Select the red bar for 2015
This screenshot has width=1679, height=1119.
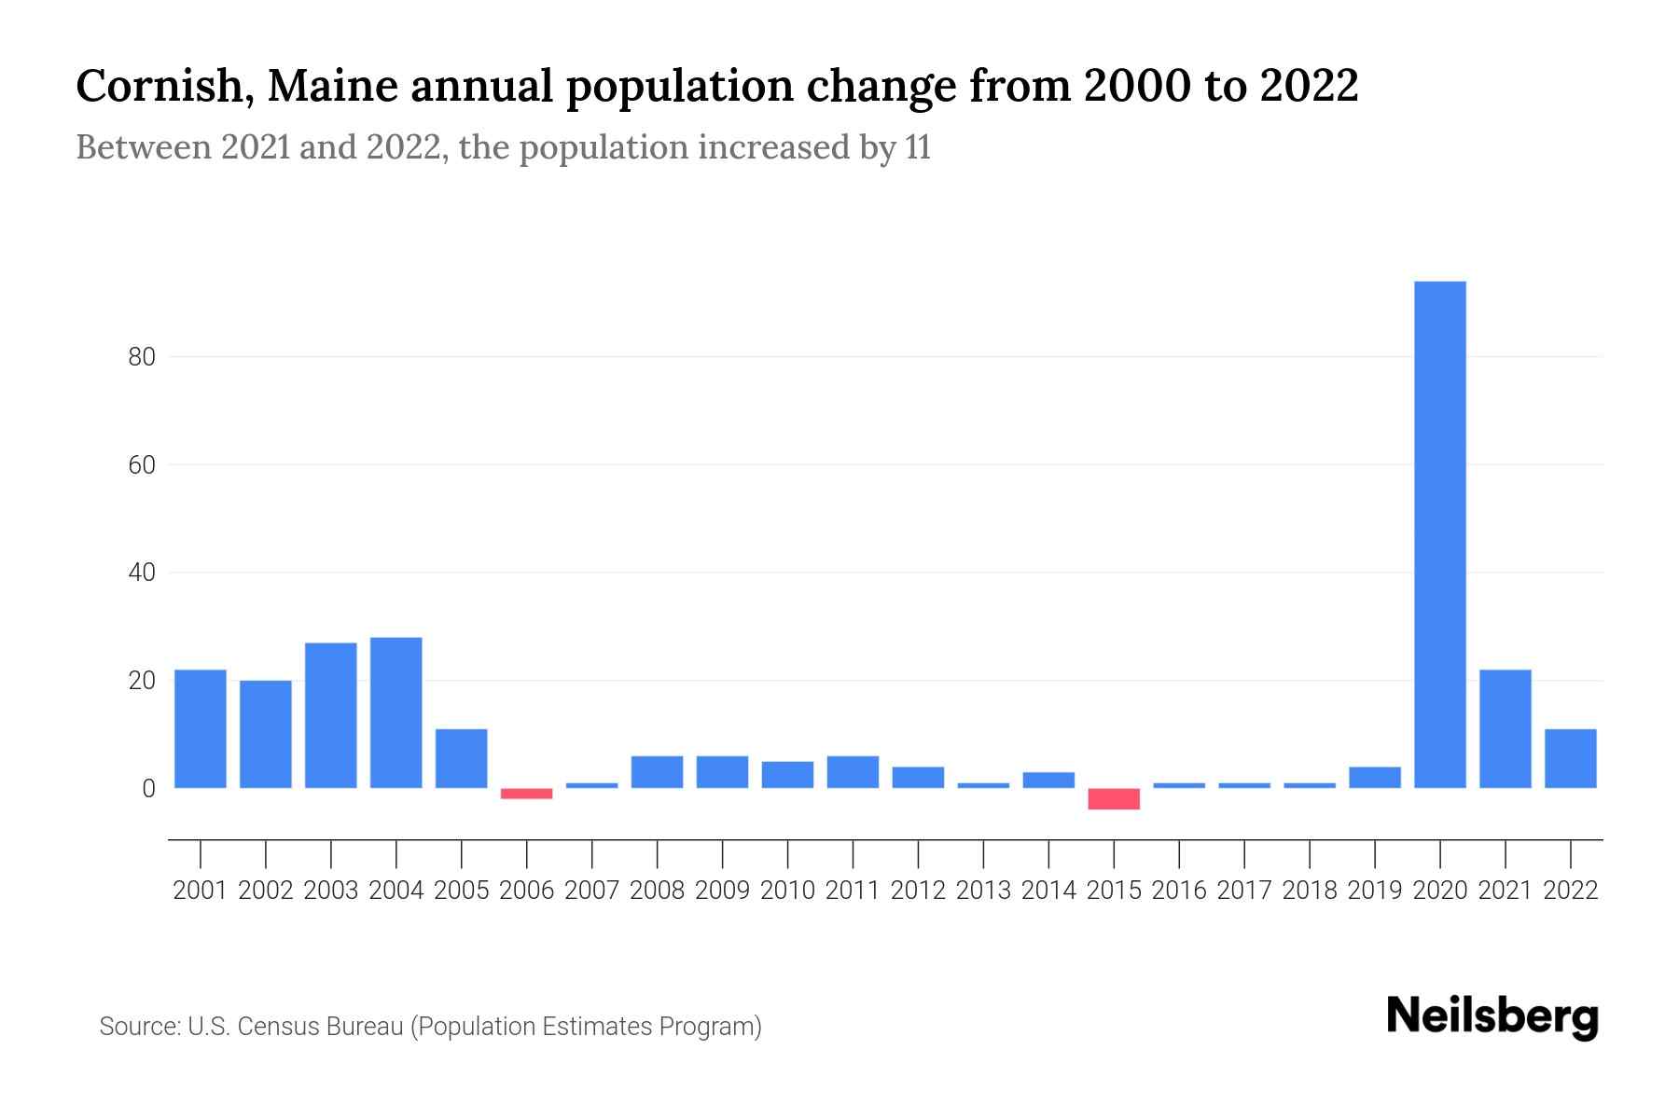pyautogui.click(x=1114, y=799)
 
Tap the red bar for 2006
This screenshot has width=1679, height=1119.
pyautogui.click(x=527, y=794)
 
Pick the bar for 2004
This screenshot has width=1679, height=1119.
pyautogui.click(x=396, y=712)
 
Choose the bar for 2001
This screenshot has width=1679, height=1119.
pyautogui.click(x=201, y=728)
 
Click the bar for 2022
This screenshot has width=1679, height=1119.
pyautogui.click(x=1571, y=758)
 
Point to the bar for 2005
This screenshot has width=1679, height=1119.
pyautogui.click(x=462, y=758)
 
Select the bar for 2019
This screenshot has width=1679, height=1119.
pyautogui.click(x=1375, y=778)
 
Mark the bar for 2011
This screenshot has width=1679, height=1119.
pyautogui.click(x=853, y=772)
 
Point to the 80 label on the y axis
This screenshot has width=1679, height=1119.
pyautogui.click(x=142, y=357)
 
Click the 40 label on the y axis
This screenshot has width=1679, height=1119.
pyautogui.click(x=142, y=573)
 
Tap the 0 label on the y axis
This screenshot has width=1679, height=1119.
pyautogui.click(x=148, y=789)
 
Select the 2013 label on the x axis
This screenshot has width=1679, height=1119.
pyautogui.click(x=983, y=891)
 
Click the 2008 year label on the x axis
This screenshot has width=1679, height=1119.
pyautogui.click(x=658, y=891)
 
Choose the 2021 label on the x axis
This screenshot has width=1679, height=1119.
pyautogui.click(x=1506, y=891)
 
